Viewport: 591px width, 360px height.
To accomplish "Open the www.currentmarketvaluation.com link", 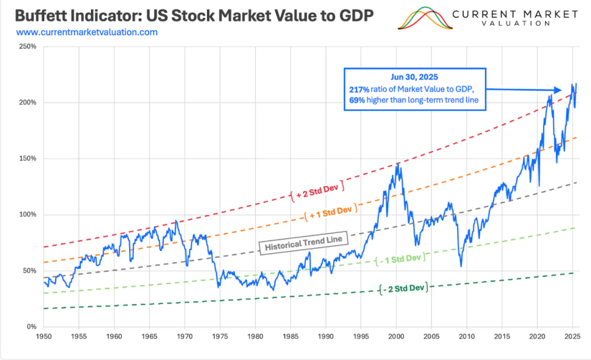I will (x=87, y=32).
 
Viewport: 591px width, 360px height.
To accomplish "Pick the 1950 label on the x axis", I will (x=43, y=335).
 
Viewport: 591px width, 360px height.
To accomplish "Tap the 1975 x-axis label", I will (x=220, y=335).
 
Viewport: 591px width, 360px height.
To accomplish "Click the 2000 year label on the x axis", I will (x=397, y=335).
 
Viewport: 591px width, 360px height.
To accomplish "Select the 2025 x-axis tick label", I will (x=573, y=335).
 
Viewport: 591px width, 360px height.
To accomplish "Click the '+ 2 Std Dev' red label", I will (x=316, y=193).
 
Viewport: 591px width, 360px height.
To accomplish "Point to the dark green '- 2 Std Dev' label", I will (x=404, y=287).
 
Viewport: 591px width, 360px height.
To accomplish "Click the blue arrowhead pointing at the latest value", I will (x=558, y=90).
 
